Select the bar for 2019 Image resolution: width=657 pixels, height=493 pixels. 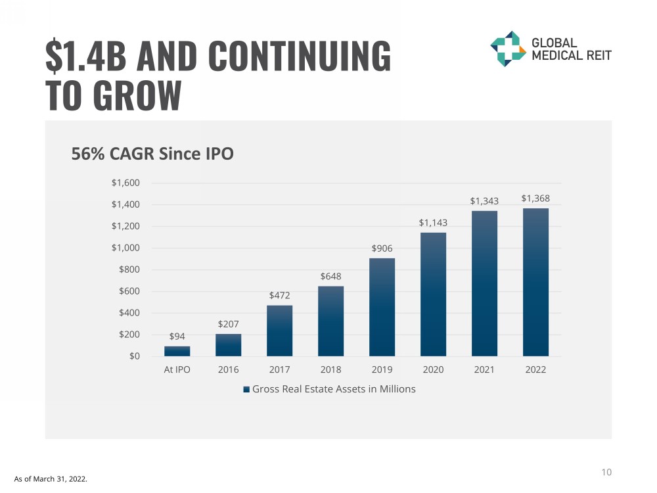[382, 307]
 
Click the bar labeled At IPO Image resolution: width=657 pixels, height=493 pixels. [177, 351]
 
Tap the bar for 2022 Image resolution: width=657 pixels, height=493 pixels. [535, 282]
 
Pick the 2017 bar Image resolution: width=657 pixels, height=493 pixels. [279, 331]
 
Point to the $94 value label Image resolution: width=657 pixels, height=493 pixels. [177, 336]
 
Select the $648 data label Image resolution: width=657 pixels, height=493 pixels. [330, 276]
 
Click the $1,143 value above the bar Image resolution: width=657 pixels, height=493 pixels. [433, 223]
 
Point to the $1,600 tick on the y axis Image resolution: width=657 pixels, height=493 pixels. [125, 183]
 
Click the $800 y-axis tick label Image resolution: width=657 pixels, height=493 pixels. [129, 270]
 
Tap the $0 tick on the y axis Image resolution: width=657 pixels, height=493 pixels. [133, 356]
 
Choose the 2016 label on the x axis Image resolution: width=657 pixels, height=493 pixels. [228, 369]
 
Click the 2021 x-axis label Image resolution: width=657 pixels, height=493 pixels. [484, 369]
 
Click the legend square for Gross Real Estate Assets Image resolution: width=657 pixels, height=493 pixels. [246, 389]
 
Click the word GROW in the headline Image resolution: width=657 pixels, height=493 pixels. [137, 95]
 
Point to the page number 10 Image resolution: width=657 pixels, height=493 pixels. [606, 472]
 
